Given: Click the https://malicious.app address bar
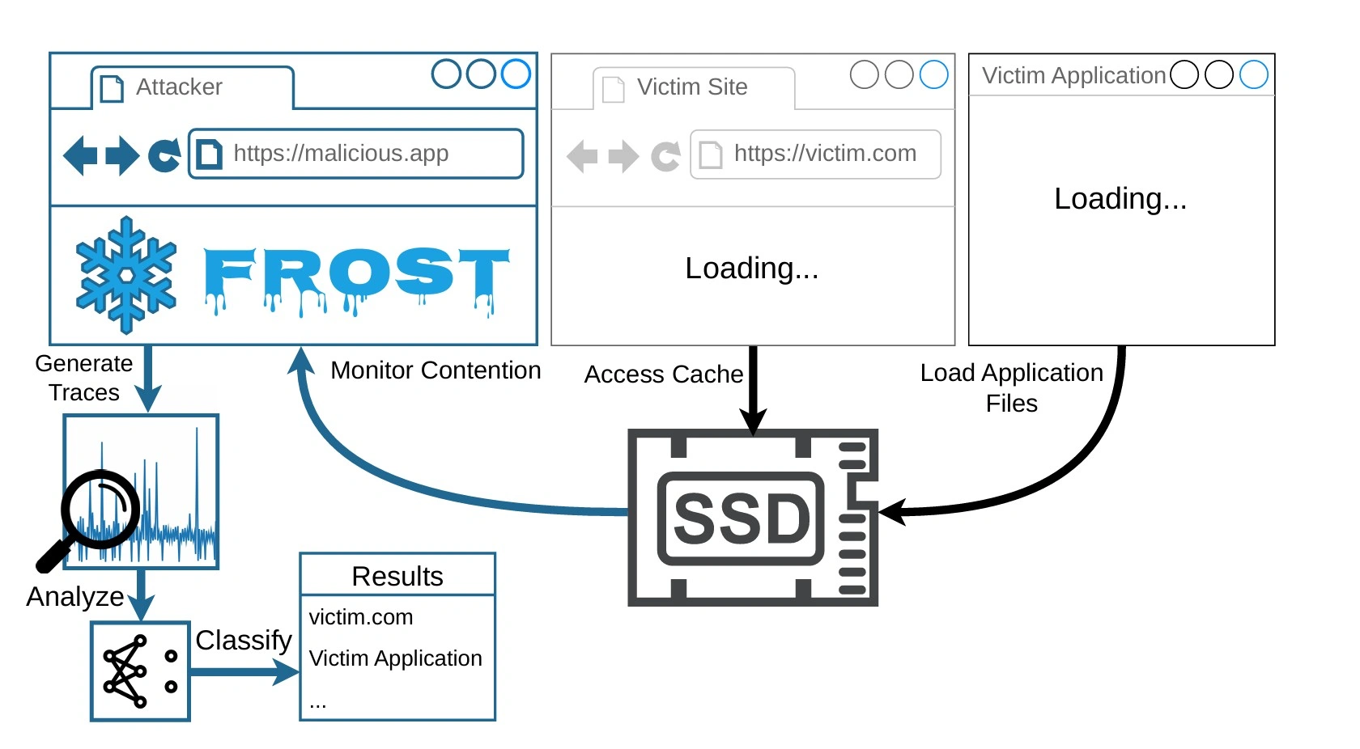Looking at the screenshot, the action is coord(356,154).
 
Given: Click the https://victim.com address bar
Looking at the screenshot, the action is coord(815,154).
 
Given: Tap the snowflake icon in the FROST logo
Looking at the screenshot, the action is coord(126,275).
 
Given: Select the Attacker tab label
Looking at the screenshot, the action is coord(179,87).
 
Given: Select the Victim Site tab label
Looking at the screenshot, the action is coord(692,87).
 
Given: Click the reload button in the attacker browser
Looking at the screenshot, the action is coord(164,155).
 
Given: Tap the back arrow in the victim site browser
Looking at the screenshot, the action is coord(582,156).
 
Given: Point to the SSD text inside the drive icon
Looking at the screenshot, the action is coord(742,518).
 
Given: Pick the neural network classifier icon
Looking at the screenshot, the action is coord(140,671).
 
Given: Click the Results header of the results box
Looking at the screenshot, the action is coord(397,576).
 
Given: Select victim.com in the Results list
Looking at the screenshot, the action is coord(361,617).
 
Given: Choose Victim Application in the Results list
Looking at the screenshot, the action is coord(395,658).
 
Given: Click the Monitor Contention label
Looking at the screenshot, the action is coord(436,370).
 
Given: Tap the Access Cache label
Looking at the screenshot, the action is coord(664,374).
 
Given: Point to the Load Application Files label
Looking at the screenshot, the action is coord(1012,388).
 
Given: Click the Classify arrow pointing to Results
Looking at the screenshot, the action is coord(244,672).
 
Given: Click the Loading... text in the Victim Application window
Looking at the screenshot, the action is coord(1120,199).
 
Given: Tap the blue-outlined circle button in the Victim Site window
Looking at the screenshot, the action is coord(934,74).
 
